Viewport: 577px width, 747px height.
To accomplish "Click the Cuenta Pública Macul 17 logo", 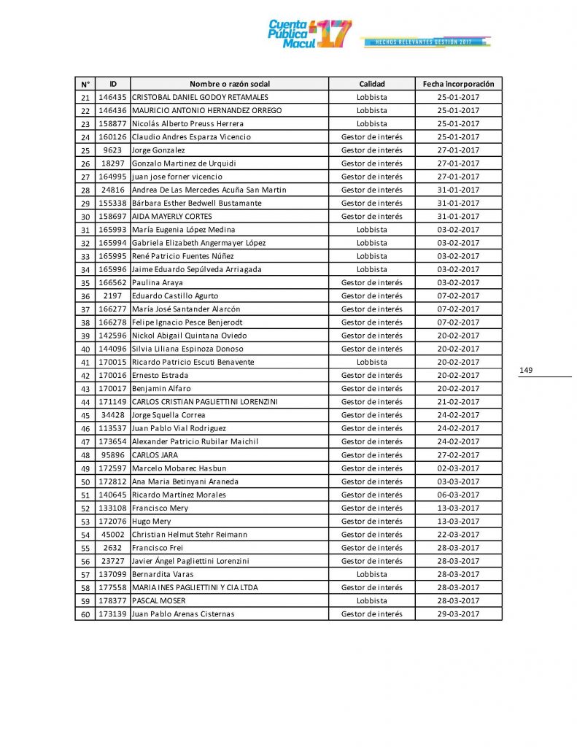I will pyautogui.click(x=309, y=34).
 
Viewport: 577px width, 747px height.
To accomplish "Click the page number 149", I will pyautogui.click(x=526, y=371).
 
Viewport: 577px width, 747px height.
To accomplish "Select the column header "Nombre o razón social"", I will pyautogui.click(x=229, y=84).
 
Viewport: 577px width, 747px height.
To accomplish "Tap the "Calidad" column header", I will pyautogui.click(x=371, y=84).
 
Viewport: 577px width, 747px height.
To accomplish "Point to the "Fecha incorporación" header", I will pyautogui.click(x=458, y=84).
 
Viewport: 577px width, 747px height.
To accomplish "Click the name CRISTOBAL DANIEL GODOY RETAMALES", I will pyautogui.click(x=200, y=97).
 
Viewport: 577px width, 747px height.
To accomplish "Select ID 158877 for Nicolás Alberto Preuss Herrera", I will pyautogui.click(x=113, y=124).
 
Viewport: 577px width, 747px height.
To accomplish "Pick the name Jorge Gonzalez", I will pyautogui.click(x=158, y=150).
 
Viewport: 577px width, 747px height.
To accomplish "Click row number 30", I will pyautogui.click(x=85, y=217).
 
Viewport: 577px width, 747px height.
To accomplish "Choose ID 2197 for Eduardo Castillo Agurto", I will pyautogui.click(x=113, y=296).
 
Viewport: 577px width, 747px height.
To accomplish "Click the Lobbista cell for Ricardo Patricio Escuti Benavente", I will pyautogui.click(x=371, y=362).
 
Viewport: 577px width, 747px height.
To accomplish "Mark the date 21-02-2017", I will pyautogui.click(x=458, y=402).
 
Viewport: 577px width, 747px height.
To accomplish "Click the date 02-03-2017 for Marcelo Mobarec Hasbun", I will pyautogui.click(x=458, y=468).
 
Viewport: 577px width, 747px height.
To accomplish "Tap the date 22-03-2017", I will pyautogui.click(x=458, y=535).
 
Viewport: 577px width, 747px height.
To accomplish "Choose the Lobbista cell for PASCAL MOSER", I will pyautogui.click(x=371, y=601).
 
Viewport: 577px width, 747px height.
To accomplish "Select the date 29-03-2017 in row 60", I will pyautogui.click(x=458, y=614).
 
